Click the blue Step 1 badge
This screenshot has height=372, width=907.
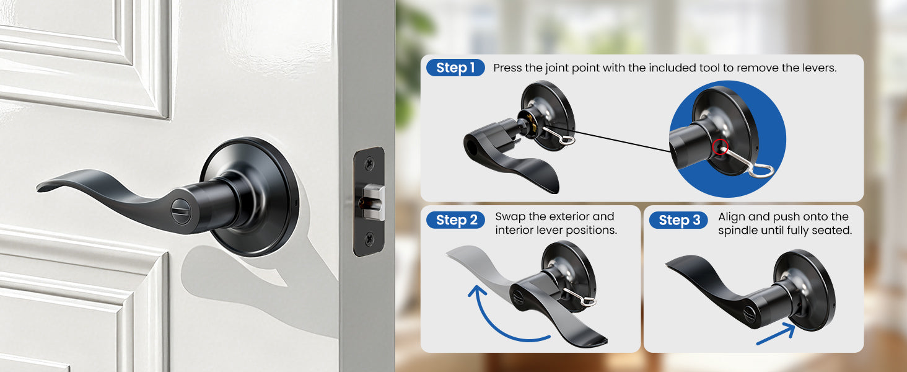coord(455,68)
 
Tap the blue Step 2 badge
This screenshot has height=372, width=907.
coord(455,220)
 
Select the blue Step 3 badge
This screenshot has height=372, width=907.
coord(678,220)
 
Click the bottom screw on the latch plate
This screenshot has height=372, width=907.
coord(369,239)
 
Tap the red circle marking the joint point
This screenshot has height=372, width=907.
coord(721,147)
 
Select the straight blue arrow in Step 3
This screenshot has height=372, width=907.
coord(776,334)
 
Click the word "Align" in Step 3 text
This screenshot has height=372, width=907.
coord(731,217)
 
